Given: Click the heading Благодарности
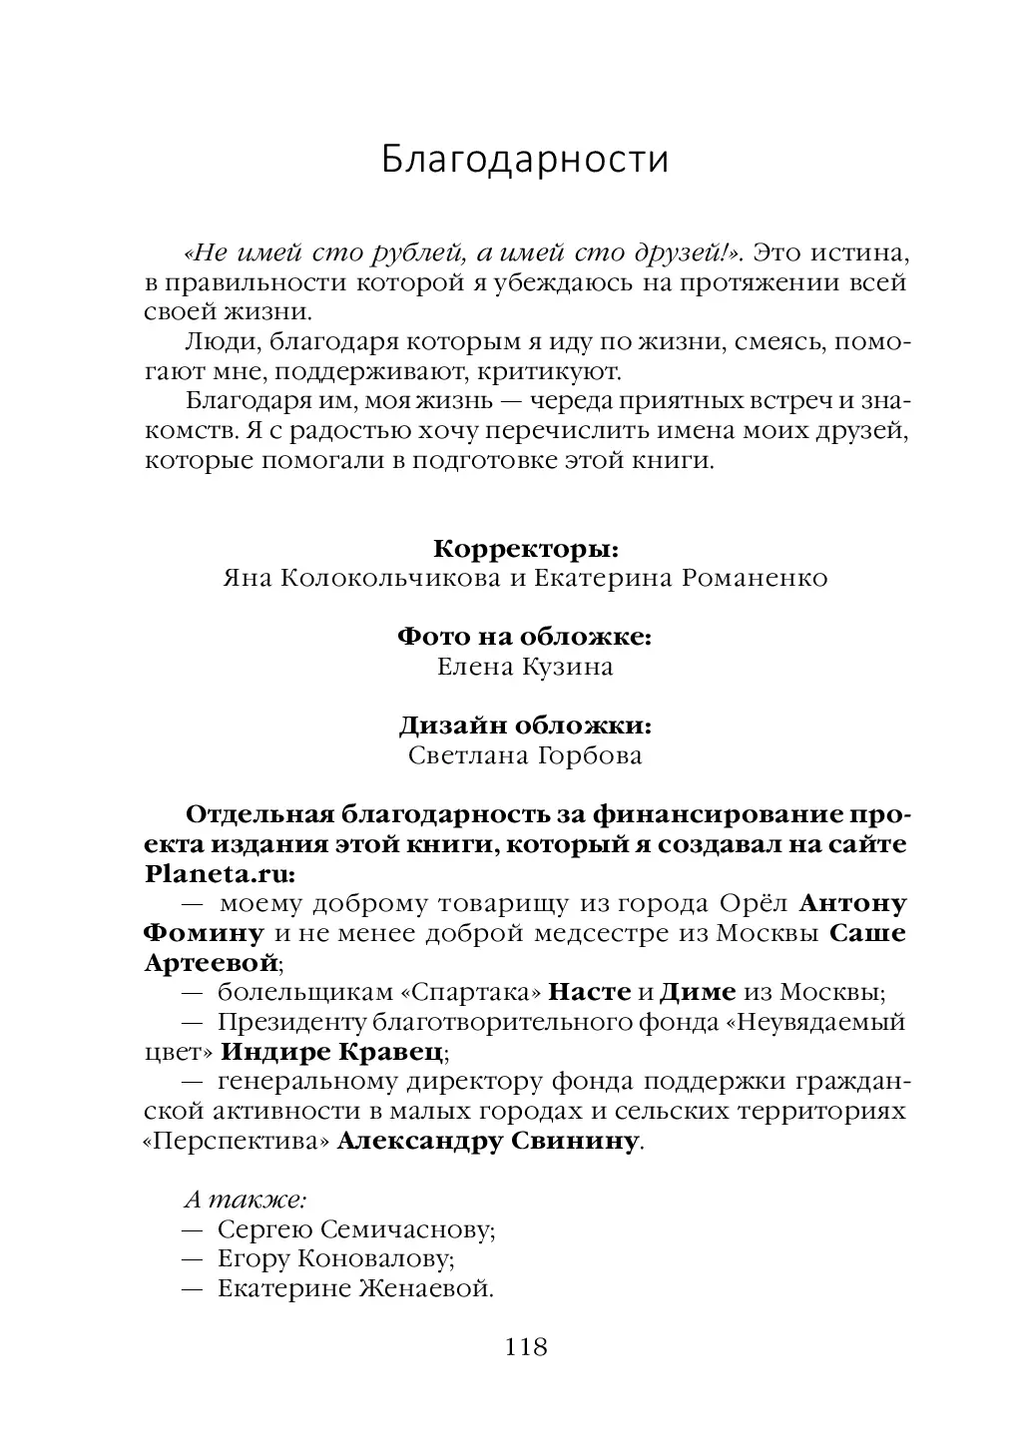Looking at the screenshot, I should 525,160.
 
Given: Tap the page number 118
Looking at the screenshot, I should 527,1347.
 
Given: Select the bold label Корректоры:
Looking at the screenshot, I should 526,549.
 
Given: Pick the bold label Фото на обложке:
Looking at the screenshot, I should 525,637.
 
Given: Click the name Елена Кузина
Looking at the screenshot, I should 525,667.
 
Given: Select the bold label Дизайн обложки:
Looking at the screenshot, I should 526,726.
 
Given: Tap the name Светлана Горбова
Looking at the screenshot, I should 525,755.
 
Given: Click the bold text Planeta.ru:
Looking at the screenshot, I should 220,873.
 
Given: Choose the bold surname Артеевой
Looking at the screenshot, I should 211,963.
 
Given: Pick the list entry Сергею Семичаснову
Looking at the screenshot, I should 356,1229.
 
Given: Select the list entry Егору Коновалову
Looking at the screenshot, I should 336,1259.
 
